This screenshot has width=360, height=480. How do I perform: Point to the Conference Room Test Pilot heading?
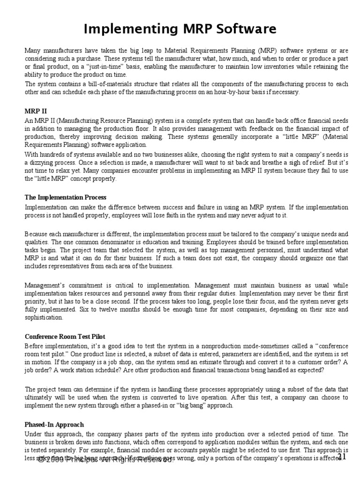65,336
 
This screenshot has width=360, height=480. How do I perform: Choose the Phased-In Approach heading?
54,424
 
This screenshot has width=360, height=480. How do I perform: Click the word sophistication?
44,317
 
